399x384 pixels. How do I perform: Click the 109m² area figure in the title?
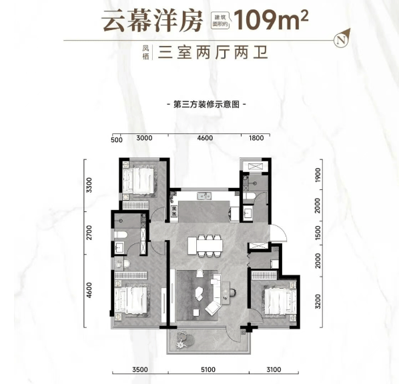coord(271,19)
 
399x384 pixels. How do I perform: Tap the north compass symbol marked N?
coord(341,40)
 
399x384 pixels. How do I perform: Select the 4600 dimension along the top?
coord(205,138)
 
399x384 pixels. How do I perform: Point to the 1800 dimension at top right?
coord(256,138)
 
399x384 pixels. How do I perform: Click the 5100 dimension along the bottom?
coord(208,369)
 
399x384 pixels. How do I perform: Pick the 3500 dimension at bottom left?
coord(140,369)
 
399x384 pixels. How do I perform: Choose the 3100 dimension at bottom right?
coord(274,369)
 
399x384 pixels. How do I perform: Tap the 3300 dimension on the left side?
coord(89,185)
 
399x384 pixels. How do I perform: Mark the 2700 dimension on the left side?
coord(89,233)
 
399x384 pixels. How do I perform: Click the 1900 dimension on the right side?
coord(318,175)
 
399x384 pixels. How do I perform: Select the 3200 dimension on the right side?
coord(318,302)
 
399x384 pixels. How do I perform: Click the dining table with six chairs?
coord(206,245)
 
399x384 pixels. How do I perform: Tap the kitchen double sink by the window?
coord(204,196)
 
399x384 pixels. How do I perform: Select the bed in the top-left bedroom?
coord(139,181)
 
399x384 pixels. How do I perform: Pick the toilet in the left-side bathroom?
coord(120,235)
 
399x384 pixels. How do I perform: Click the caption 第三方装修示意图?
coord(206,104)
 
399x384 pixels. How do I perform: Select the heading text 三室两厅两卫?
coord(213,53)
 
